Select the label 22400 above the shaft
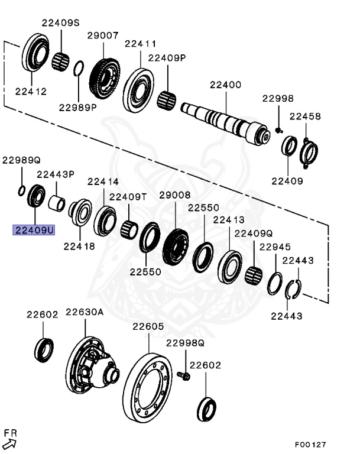pos(225,85)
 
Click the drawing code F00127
pos(311,445)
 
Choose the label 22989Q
pos(21,160)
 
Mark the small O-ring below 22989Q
pos(21,190)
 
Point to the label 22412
pos(31,92)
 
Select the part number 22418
pos(79,247)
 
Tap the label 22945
pos(275,247)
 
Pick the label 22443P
pos(56,174)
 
